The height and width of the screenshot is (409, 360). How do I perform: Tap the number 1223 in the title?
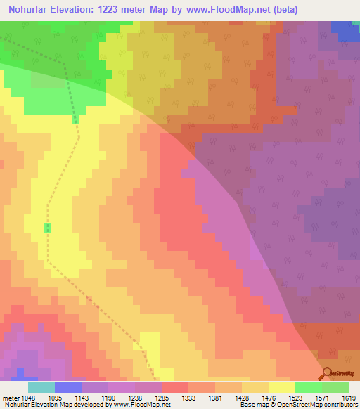point(124,10)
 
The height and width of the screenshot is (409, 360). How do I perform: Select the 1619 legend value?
point(349,397)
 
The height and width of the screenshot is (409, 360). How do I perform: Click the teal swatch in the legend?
point(41,387)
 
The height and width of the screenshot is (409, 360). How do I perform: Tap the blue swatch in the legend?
point(67,387)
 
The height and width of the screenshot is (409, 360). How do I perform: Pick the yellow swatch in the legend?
point(281,387)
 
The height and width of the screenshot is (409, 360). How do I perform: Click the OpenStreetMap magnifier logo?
point(327,372)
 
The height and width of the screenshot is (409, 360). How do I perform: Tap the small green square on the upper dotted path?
point(75,119)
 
